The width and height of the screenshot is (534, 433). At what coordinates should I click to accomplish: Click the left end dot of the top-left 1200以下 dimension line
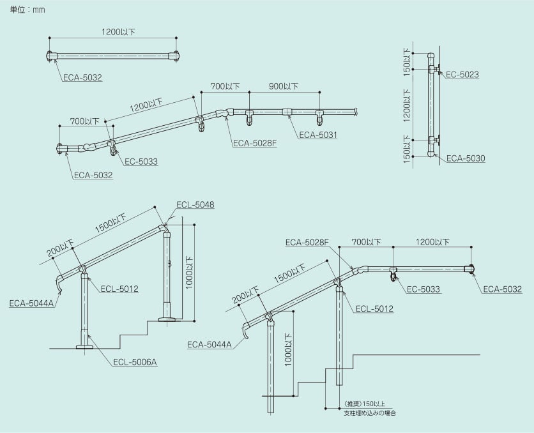point(49,38)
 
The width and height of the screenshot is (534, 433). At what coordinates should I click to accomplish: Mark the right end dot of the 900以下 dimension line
point(319,92)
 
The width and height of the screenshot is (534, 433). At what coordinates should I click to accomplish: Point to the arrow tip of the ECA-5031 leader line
point(289,116)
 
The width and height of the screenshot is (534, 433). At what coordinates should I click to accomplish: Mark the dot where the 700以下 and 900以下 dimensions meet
point(249,92)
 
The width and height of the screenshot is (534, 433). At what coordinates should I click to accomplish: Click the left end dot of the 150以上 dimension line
point(326,408)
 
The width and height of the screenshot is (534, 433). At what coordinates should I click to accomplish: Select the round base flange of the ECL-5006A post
point(84,347)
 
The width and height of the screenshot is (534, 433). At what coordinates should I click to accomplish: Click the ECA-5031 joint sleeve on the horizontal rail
point(287,112)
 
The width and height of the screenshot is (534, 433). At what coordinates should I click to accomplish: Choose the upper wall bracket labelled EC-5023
point(435,70)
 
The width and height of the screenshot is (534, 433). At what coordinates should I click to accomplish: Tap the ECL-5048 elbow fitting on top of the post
point(165,229)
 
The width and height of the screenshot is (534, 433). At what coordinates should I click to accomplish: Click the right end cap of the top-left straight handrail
point(176,56)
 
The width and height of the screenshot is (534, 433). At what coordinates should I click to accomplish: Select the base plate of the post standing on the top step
point(167,319)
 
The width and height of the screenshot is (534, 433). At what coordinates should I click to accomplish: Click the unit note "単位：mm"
point(27,10)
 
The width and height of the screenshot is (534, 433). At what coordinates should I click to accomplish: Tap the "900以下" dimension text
point(284,86)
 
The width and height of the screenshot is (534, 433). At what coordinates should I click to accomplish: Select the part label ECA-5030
point(466,158)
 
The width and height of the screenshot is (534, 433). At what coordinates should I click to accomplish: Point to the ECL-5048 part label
point(195,204)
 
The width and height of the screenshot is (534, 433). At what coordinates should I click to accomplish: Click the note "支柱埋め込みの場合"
point(370,413)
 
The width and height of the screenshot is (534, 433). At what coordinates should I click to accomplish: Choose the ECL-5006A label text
point(135,362)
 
